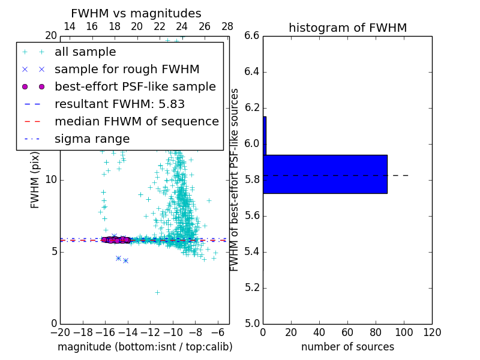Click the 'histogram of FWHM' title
[x=347, y=28]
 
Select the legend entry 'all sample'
[x=85, y=52]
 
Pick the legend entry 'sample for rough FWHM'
[x=127, y=70]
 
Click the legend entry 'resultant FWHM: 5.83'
[x=119, y=104]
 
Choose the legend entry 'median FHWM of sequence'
[x=136, y=121]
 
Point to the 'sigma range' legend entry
[x=92, y=139]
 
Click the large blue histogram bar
[x=325, y=174]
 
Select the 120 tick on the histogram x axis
[x=432, y=332]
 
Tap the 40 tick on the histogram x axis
[x=319, y=332]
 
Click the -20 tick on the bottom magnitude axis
[x=60, y=332]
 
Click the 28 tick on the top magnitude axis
[x=227, y=27]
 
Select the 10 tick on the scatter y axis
[x=50, y=180]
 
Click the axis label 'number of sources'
[x=347, y=347]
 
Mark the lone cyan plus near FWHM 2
[x=157, y=292]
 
